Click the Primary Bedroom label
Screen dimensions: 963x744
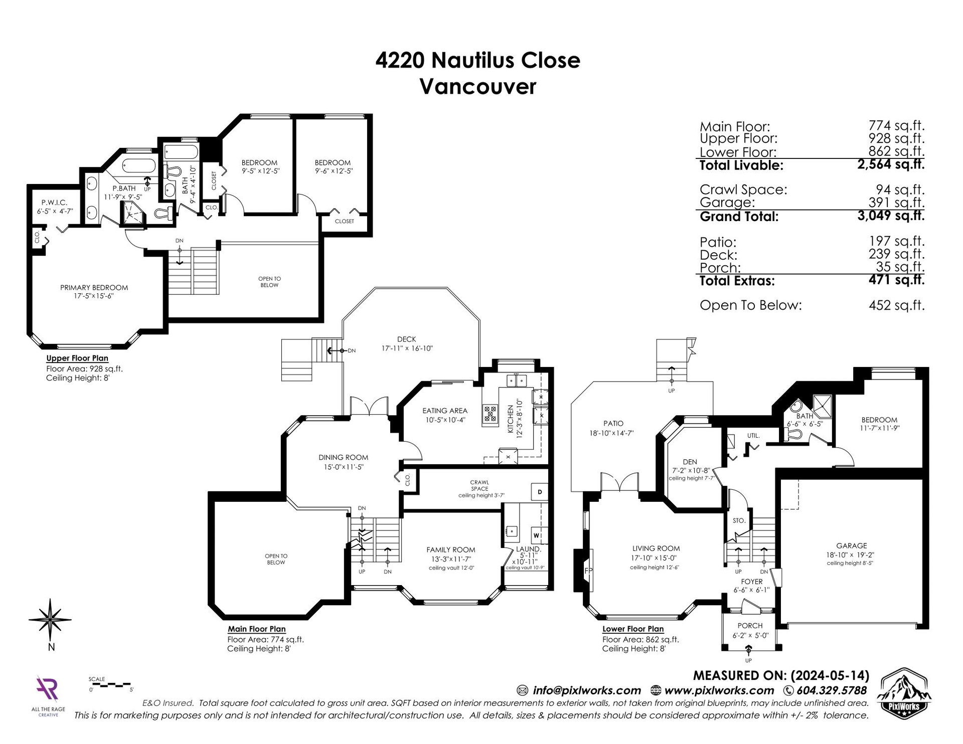coord(94,287)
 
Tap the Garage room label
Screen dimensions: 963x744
coord(851,545)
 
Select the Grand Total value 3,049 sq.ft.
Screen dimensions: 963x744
coord(891,216)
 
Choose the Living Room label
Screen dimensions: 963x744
coord(656,548)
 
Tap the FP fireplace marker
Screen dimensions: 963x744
coord(588,571)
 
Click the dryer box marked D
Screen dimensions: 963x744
coord(540,492)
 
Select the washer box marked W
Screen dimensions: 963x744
coord(536,535)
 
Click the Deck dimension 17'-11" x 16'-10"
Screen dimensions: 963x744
coord(406,348)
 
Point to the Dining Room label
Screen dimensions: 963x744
coord(343,457)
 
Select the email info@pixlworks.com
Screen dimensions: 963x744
coord(587,690)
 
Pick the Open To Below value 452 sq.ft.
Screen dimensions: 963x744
coord(897,305)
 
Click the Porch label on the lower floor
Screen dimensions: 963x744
coord(750,626)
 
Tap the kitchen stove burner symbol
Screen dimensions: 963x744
coord(490,415)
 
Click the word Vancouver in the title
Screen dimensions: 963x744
coord(478,86)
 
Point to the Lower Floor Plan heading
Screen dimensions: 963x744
coord(633,629)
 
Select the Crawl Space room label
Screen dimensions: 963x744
coord(479,485)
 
